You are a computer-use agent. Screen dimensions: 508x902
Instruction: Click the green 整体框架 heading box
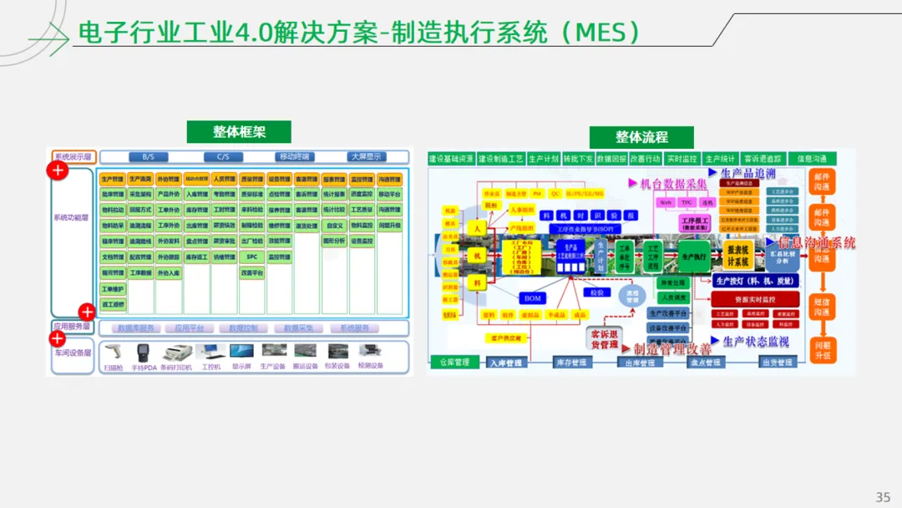239,132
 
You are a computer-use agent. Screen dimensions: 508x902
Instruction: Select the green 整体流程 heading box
642,137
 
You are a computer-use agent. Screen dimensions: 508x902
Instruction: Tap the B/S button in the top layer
149,156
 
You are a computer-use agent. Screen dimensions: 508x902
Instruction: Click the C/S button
224,156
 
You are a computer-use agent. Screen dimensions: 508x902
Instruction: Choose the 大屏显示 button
366,156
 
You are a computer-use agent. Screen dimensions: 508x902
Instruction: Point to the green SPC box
251,257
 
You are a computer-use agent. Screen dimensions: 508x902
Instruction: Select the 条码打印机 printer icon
177,353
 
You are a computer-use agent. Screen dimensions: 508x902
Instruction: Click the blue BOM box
532,298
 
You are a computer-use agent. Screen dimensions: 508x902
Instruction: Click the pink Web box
666,202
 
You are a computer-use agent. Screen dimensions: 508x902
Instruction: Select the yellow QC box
555,193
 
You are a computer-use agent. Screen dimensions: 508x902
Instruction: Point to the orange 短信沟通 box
822,307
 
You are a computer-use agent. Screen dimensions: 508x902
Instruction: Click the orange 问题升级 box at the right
822,350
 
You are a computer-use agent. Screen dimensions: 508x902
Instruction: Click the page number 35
883,497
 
